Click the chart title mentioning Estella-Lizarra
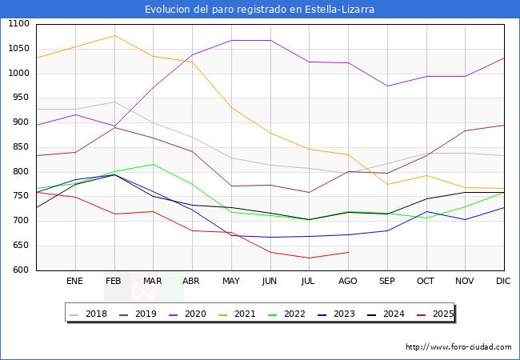pyautogui.click(x=259, y=10)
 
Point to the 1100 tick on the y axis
pyautogui.click(x=18, y=24)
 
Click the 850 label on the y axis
pyautogui.click(x=21, y=147)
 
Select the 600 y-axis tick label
pyautogui.click(x=21, y=270)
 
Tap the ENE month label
pyautogui.click(x=75, y=281)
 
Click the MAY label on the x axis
pyautogui.click(x=231, y=281)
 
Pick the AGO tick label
pyautogui.click(x=348, y=281)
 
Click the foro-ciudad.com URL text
pyautogui.click(x=458, y=347)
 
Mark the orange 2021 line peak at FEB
pyautogui.click(x=114, y=35)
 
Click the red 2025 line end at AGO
pyautogui.click(x=348, y=252)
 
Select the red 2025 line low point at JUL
pyautogui.click(x=309, y=258)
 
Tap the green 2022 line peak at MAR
pyautogui.click(x=153, y=164)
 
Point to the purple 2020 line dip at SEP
pyautogui.click(x=387, y=86)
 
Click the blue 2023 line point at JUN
pyautogui.click(x=270, y=237)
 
